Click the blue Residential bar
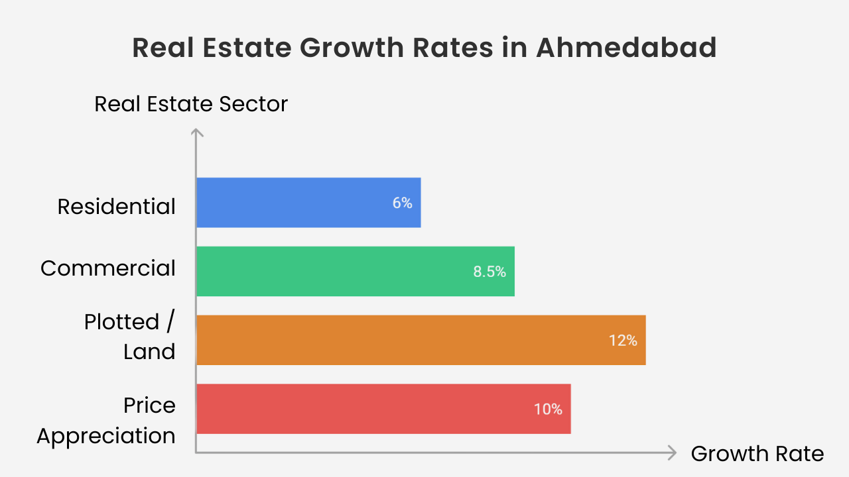[x=308, y=203]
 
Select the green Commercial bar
[x=355, y=271]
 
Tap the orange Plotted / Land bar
[x=421, y=340]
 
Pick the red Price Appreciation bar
[x=383, y=409]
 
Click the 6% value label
[x=402, y=203]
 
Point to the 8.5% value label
[x=490, y=272]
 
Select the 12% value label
[x=623, y=341]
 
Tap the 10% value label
[x=548, y=409]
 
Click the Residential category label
[x=116, y=207]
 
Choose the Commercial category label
[x=108, y=268]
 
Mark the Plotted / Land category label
[x=130, y=337]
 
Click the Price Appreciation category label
[x=106, y=421]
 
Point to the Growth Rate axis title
[x=757, y=454]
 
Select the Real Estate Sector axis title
[x=191, y=104]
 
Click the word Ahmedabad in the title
[x=626, y=48]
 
